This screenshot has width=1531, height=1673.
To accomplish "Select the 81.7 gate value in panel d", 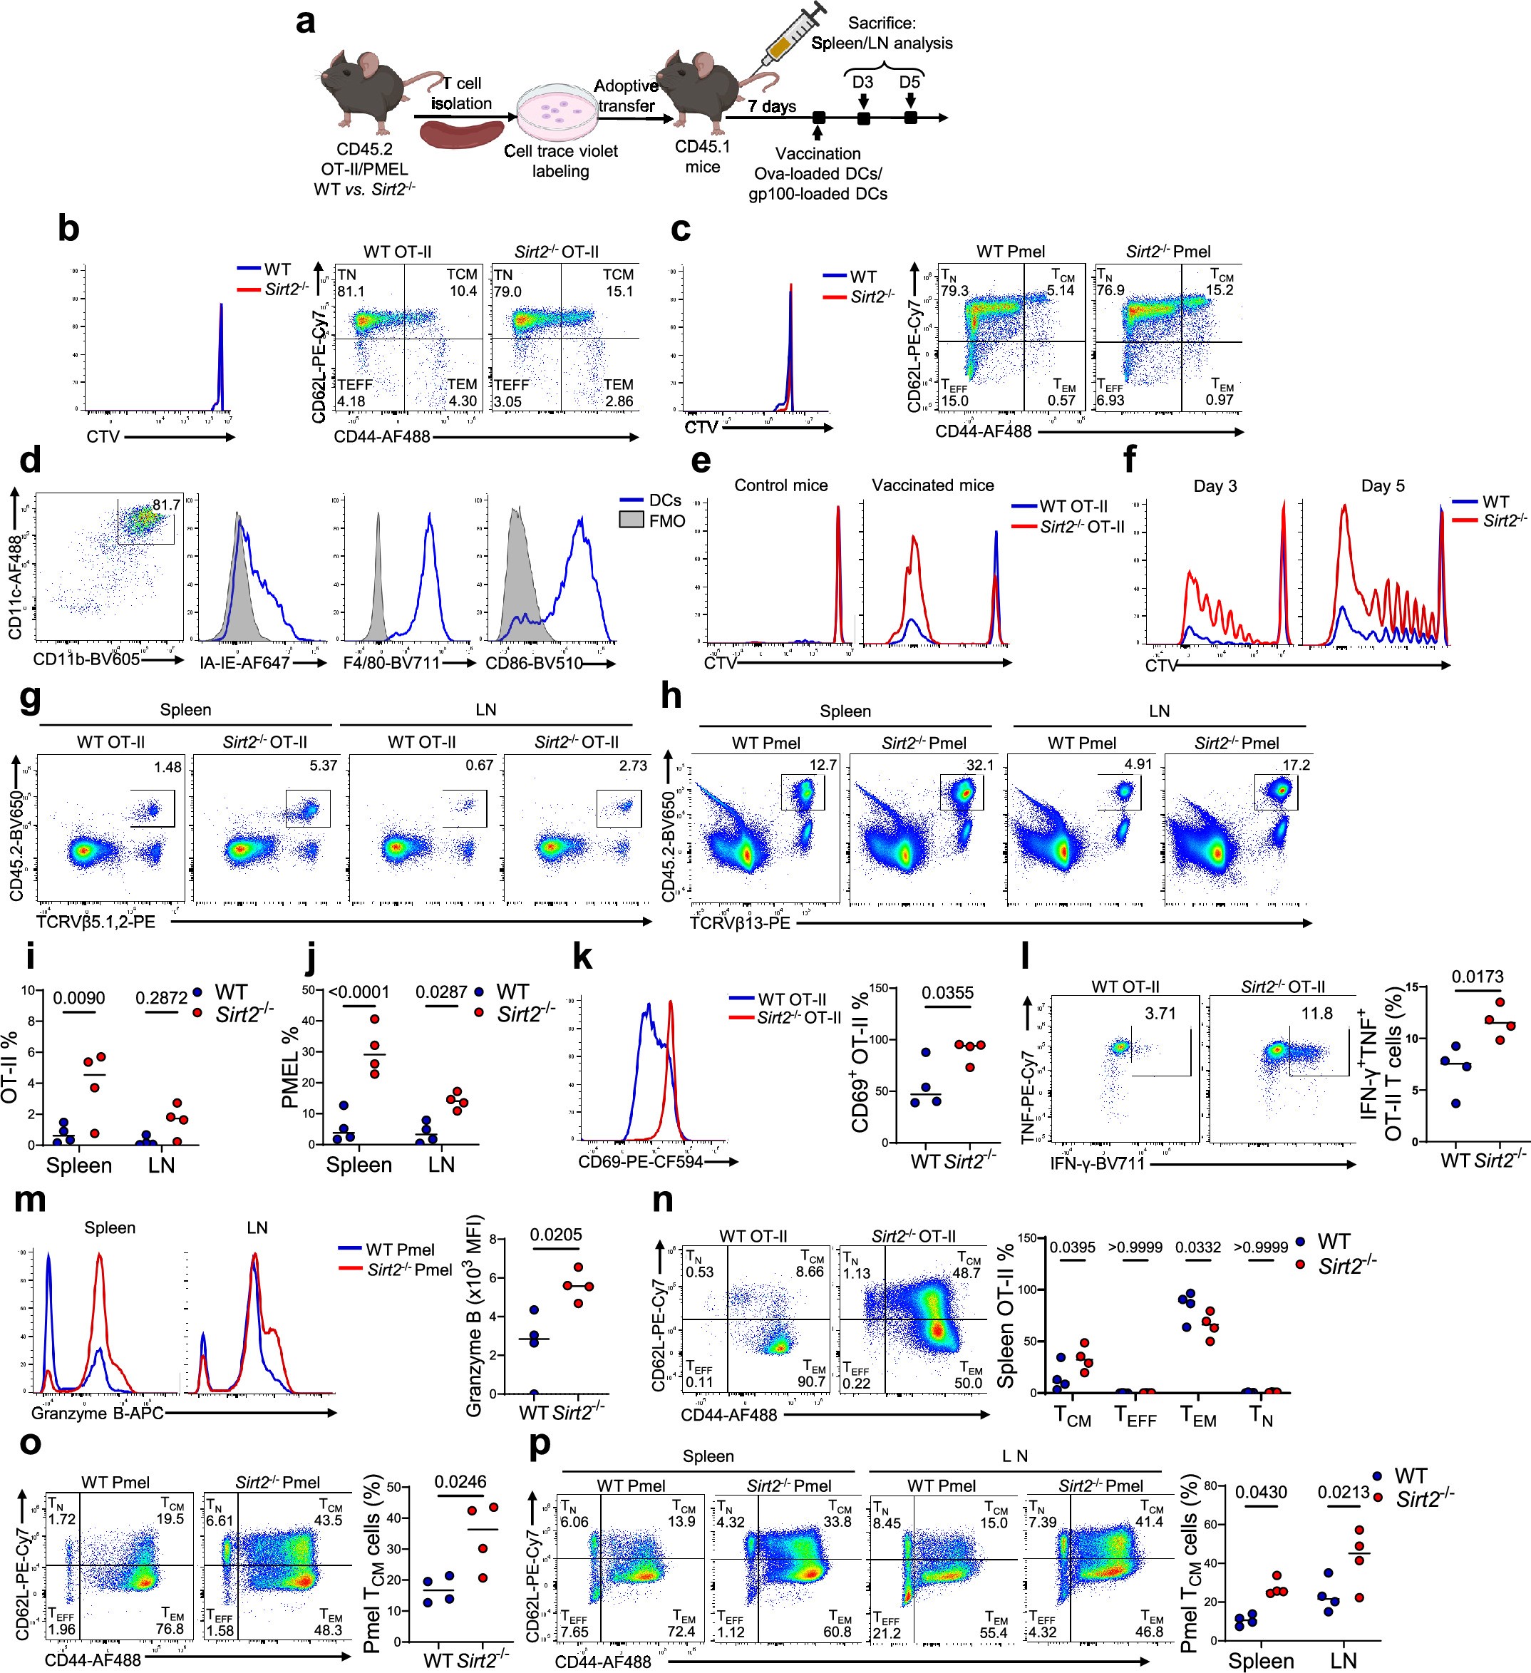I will coord(166,505).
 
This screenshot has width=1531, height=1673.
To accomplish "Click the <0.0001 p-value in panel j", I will coord(359,992).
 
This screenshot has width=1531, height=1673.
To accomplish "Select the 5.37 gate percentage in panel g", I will coord(323,765).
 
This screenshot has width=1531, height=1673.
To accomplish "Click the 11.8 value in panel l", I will coord(1317,1013).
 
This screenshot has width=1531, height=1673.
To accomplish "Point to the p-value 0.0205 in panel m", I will coord(555,1235).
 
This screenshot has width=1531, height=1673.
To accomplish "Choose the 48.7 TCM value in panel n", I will coord(966,1272).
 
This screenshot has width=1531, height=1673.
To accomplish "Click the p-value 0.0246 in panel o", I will coord(460,1481).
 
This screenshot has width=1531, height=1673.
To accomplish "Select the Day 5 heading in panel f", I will coord(1383,486).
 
